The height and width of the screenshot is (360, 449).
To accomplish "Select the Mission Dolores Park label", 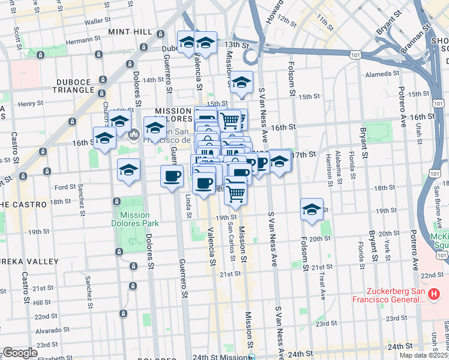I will [135, 219].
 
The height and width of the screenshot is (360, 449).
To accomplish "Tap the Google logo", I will [20, 353].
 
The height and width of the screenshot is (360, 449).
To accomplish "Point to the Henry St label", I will [28, 104].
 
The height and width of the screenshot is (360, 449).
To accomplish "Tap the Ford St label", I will [63, 187].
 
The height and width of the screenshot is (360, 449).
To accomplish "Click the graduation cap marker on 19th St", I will [312, 209].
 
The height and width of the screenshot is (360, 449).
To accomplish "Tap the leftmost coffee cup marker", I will [172, 176].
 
